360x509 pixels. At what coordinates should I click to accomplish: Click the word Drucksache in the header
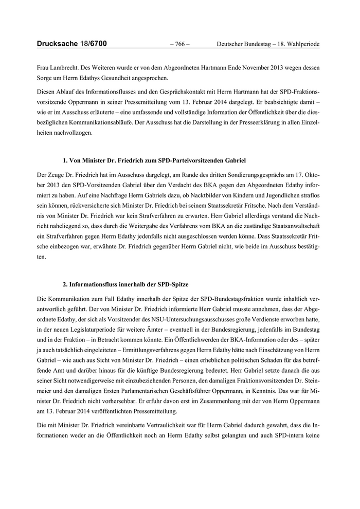coord(56,44)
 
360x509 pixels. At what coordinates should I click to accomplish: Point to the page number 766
coord(179,45)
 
